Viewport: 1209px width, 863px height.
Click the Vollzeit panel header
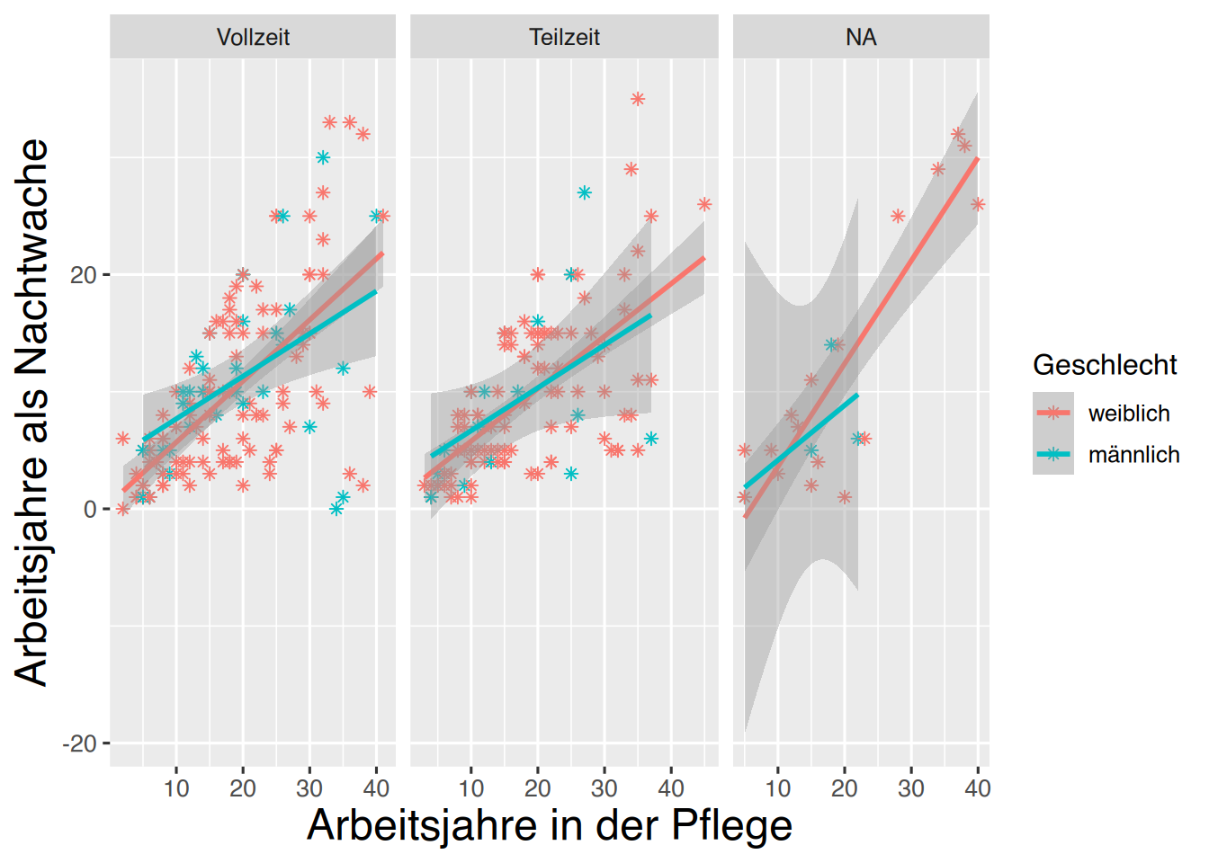(253, 37)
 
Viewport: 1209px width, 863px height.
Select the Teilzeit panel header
(564, 37)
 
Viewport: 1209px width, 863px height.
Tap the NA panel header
(861, 37)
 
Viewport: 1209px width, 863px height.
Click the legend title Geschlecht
(1105, 365)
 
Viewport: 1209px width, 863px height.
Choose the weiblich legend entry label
(1129, 414)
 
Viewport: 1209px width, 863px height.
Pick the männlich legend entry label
(1133, 455)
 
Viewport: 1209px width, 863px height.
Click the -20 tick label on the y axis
(79, 743)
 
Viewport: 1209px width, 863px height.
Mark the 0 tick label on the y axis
(90, 510)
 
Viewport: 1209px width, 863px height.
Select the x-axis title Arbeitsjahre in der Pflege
(550, 825)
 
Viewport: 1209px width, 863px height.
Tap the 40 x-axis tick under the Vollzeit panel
(376, 788)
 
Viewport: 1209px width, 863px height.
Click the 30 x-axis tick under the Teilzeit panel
(604, 788)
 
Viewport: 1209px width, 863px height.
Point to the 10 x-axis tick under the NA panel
(778, 788)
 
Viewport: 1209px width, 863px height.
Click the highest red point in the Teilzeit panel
(638, 99)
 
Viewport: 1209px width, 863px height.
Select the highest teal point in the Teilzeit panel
(585, 192)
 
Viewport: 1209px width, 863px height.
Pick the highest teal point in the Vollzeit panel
(323, 157)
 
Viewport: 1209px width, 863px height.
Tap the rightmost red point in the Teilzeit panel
(704, 205)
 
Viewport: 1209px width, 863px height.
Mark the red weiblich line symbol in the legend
(1053, 414)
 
